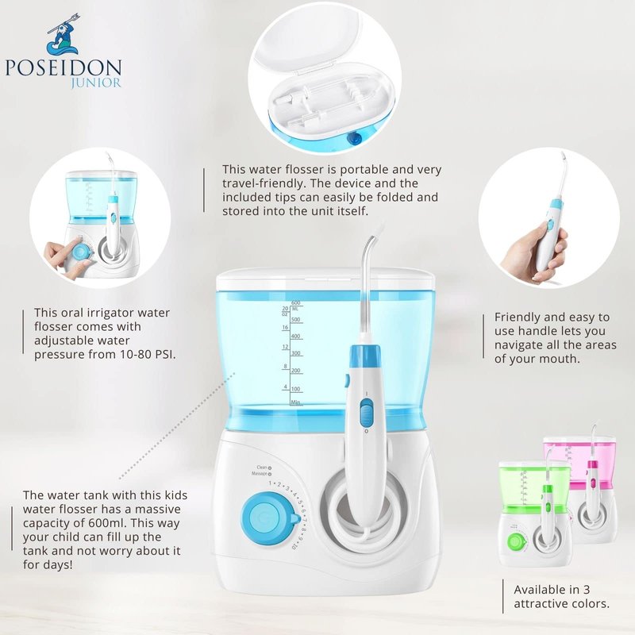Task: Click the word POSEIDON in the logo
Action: click(63, 67)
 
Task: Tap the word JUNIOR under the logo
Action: click(96, 83)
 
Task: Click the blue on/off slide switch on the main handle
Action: click(366, 412)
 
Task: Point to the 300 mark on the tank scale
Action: click(296, 353)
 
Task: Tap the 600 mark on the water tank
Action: click(295, 302)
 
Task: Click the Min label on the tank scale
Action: click(295, 402)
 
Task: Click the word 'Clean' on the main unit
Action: click(262, 468)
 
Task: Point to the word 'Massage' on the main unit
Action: click(260, 473)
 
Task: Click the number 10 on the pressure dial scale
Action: click(294, 547)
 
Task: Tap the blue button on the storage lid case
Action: click(355, 139)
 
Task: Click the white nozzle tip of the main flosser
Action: click(379, 227)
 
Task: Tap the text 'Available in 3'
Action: click(552, 589)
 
